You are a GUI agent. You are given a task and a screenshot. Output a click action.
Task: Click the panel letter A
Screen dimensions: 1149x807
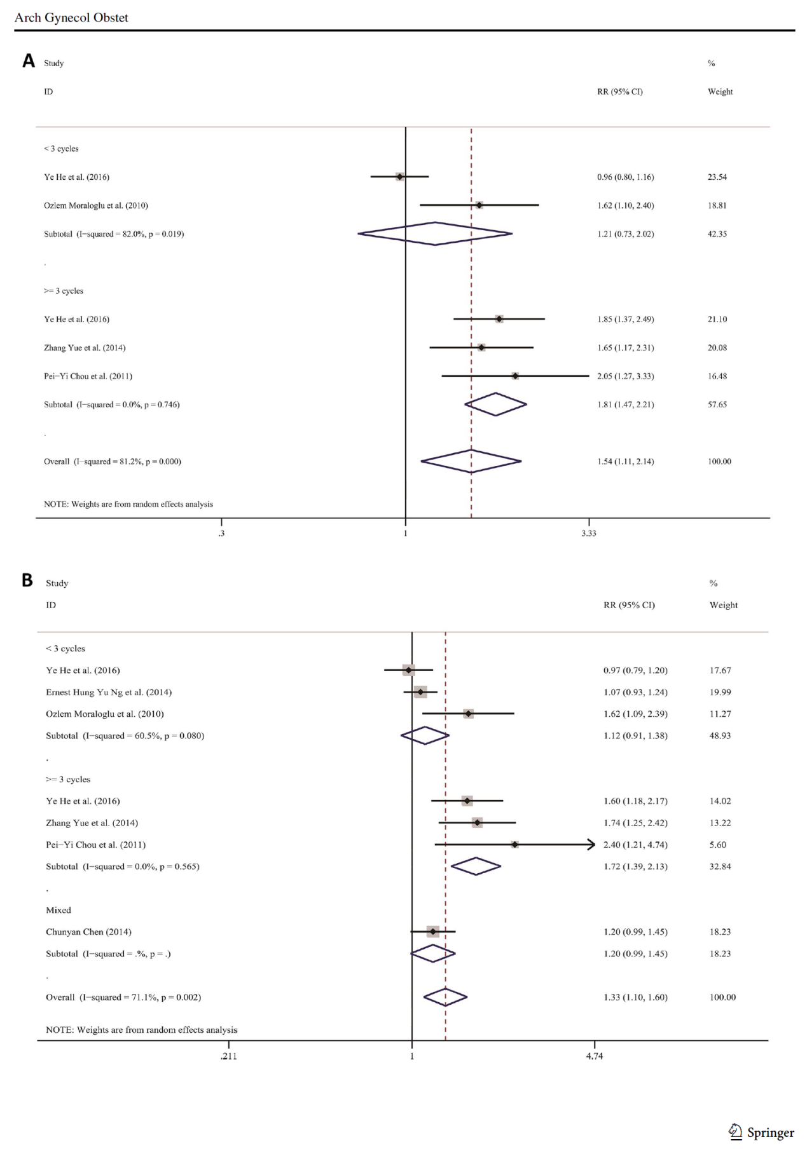click(x=29, y=61)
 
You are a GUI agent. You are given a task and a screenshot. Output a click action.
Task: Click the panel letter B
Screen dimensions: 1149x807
click(x=27, y=580)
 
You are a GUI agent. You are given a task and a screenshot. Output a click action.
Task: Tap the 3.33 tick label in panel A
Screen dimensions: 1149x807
click(x=588, y=533)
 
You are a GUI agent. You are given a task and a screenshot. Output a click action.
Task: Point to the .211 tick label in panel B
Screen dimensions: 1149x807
click(x=228, y=1056)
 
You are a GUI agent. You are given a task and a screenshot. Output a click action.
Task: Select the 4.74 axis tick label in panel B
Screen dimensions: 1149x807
click(x=595, y=1056)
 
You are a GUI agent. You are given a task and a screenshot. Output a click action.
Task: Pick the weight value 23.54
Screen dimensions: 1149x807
click(x=717, y=177)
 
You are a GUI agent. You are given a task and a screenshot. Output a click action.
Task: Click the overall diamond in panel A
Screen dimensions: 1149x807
click(x=471, y=461)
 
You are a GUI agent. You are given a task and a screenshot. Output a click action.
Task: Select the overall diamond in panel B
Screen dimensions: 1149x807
click(x=445, y=997)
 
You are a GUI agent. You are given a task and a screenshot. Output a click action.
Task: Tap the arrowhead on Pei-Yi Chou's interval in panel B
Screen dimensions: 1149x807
click(x=591, y=845)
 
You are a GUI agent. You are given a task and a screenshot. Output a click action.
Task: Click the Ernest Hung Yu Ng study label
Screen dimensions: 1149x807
click(x=109, y=692)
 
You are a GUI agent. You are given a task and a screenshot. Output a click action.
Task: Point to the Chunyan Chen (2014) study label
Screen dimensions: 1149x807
click(x=88, y=932)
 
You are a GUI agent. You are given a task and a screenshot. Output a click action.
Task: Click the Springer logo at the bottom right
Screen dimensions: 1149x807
click(x=761, y=1132)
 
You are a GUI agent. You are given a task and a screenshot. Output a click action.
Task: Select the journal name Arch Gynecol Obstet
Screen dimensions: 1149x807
click(x=71, y=18)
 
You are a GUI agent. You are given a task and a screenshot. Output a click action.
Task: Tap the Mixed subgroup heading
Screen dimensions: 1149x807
click(x=59, y=910)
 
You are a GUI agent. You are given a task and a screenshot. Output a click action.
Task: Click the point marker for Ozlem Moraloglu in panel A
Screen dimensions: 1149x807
click(x=479, y=205)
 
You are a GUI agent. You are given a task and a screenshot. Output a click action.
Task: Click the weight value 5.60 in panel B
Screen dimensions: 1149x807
click(x=717, y=845)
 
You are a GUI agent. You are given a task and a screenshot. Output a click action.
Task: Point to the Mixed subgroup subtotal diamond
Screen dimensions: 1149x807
click(x=433, y=953)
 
